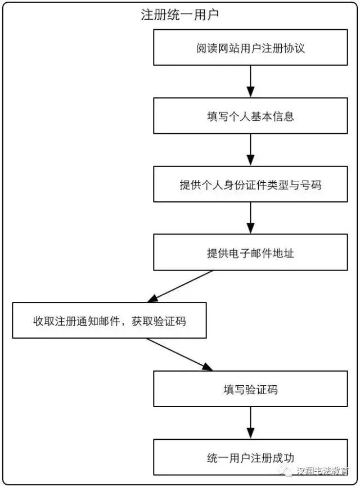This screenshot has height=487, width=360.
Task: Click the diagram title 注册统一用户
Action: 180,15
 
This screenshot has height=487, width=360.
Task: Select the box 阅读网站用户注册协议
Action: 250,48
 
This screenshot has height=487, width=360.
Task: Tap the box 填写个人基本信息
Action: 250,116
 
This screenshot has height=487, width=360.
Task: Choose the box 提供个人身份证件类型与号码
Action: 250,184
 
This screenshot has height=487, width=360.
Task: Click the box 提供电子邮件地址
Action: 250,252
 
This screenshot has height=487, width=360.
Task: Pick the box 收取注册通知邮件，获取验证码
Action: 109,321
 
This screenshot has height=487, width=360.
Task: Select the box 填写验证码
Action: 250,389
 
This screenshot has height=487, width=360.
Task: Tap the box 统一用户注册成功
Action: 250,457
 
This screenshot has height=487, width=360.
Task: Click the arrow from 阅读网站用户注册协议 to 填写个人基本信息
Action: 250,82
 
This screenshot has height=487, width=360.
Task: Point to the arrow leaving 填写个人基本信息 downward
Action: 250,150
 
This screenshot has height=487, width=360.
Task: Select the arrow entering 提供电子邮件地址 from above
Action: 250,218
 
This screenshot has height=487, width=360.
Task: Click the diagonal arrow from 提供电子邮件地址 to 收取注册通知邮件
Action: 179,286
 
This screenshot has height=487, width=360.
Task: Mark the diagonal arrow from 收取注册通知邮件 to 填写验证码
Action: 179,354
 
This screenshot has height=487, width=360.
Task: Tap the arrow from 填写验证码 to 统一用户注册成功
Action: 250,423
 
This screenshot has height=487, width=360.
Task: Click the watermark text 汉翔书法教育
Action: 322,471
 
